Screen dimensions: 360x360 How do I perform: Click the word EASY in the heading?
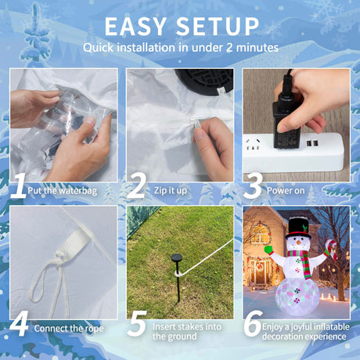click(x=135, y=27)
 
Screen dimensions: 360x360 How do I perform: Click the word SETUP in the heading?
click(x=218, y=27)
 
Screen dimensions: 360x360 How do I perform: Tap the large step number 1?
click(x=19, y=185)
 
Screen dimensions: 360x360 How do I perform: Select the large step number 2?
click(x=136, y=185)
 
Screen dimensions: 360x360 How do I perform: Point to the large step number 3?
click(x=253, y=185)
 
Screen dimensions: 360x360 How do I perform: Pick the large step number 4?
click(x=19, y=323)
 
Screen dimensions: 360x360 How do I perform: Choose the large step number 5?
click(x=137, y=323)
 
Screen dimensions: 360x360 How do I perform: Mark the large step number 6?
click(x=253, y=323)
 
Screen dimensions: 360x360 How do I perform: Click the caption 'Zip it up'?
click(x=171, y=191)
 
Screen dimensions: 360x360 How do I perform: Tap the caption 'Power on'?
click(x=286, y=191)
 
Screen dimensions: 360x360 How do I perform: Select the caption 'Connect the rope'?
click(x=69, y=329)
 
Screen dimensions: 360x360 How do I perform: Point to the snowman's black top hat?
click(x=298, y=228)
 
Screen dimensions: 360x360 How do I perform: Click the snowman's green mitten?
click(x=268, y=250)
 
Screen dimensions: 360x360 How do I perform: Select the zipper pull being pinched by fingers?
click(x=195, y=123)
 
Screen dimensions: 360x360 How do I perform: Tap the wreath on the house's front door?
click(x=259, y=266)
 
